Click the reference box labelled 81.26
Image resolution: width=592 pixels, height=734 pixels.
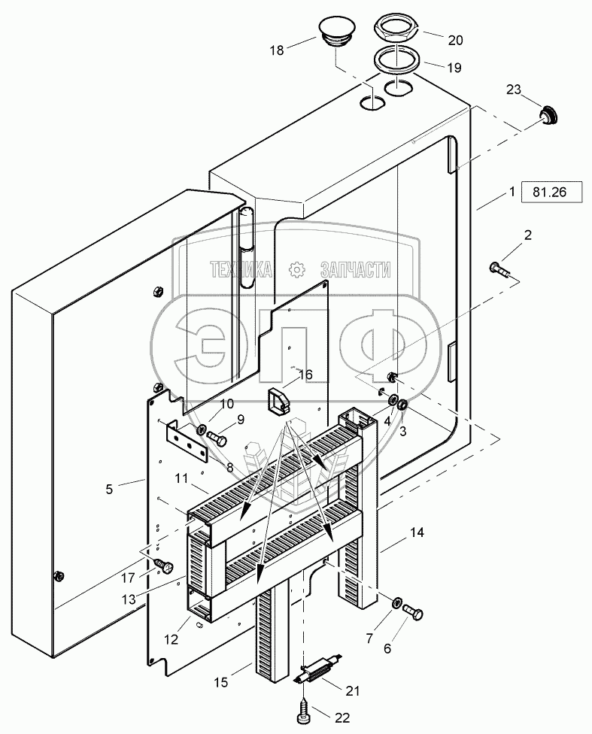[x=551, y=192]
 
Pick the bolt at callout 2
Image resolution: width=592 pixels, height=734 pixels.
[x=500, y=271]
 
